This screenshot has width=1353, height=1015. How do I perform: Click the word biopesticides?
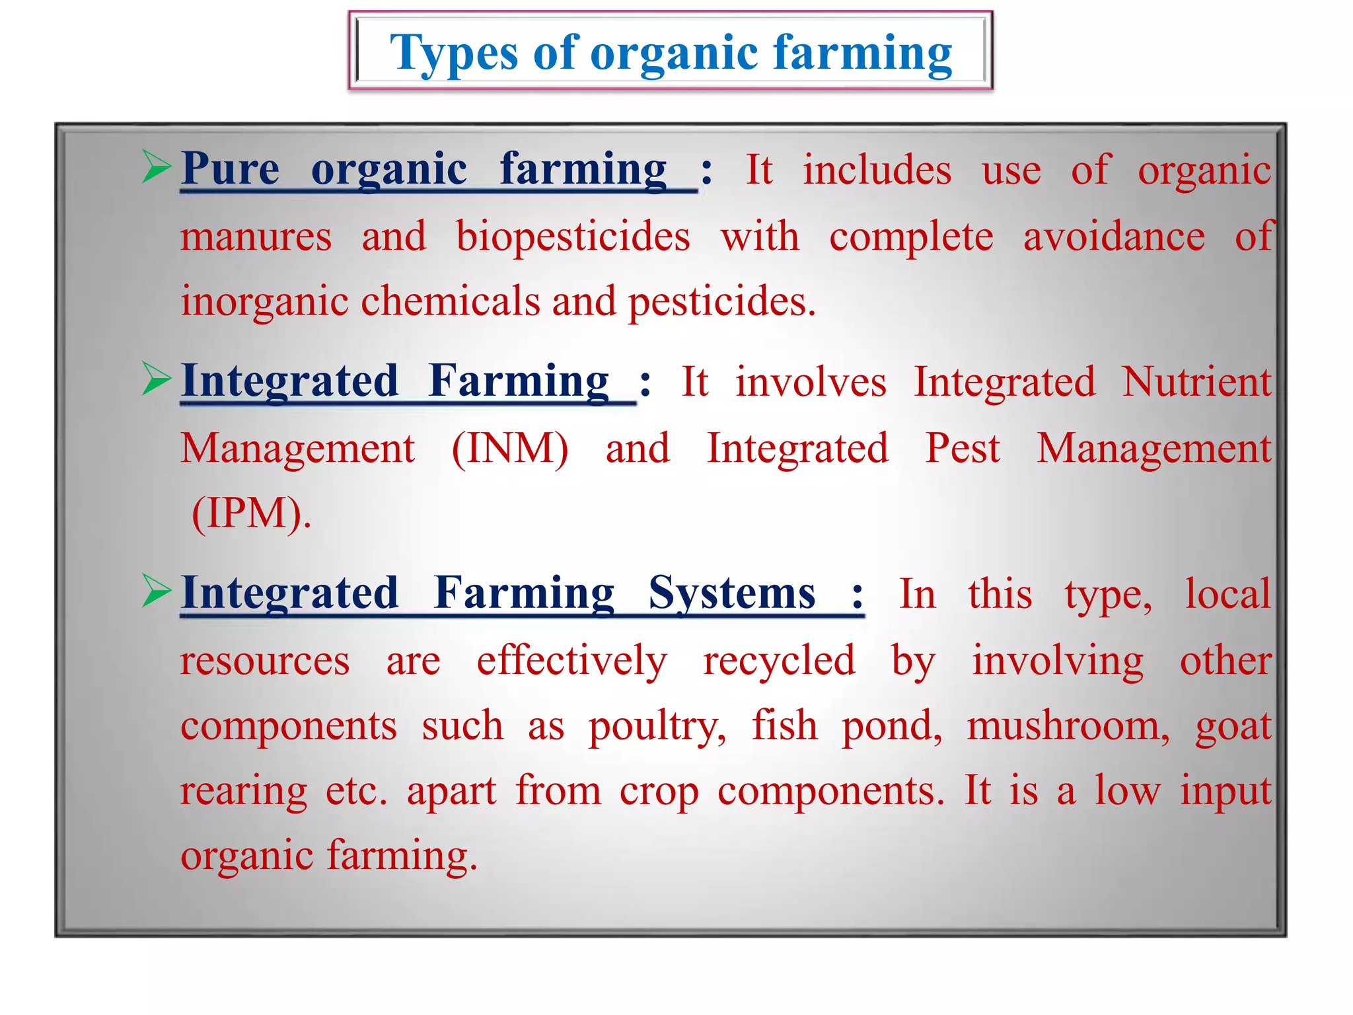tap(573, 237)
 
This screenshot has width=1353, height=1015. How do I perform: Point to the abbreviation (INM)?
tap(509, 449)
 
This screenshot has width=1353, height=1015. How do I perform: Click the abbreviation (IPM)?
tap(251, 513)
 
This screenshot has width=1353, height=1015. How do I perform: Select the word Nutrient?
tap(1196, 383)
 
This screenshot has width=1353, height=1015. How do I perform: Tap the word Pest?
tap(963, 449)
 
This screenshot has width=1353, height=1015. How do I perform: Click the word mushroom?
tap(1068, 726)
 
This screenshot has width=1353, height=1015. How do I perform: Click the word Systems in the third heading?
tap(731, 593)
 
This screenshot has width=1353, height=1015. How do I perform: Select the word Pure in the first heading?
tap(231, 169)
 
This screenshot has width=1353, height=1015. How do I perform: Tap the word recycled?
tap(779, 661)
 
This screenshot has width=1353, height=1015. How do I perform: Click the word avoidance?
tap(1114, 237)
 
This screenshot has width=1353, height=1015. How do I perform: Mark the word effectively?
tap(572, 661)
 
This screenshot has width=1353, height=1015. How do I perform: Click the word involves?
tap(811, 383)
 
